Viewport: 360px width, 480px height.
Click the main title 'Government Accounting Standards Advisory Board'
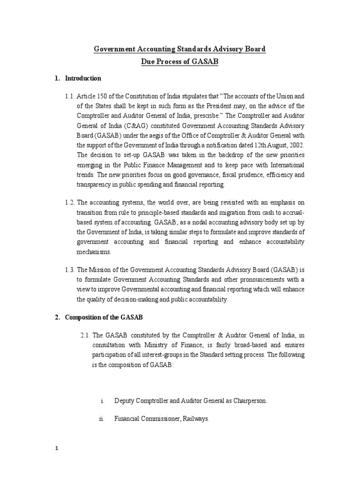click(180, 49)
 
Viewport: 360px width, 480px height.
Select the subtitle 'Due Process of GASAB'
click(180, 61)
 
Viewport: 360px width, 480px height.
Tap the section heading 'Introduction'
click(82, 78)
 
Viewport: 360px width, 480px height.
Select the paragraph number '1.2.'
click(70, 202)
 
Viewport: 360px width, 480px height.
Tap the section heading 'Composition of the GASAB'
click(104, 317)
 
